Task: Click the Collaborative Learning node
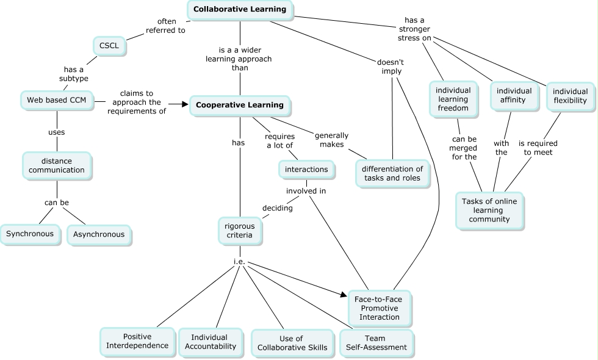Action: (239, 10)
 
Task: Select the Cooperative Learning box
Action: (239, 105)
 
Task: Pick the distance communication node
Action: (57, 165)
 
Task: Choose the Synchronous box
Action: (30, 234)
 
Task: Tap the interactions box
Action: (306, 169)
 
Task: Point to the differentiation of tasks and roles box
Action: (392, 173)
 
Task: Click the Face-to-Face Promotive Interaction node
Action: (379, 308)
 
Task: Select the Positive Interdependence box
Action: (137, 341)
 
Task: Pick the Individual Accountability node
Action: (209, 342)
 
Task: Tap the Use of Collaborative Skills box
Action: (292, 344)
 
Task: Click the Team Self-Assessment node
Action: (376, 342)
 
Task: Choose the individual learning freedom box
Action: (452, 99)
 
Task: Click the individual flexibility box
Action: (569, 96)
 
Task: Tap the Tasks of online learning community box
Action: (490, 211)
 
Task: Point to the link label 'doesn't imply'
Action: (389, 67)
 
